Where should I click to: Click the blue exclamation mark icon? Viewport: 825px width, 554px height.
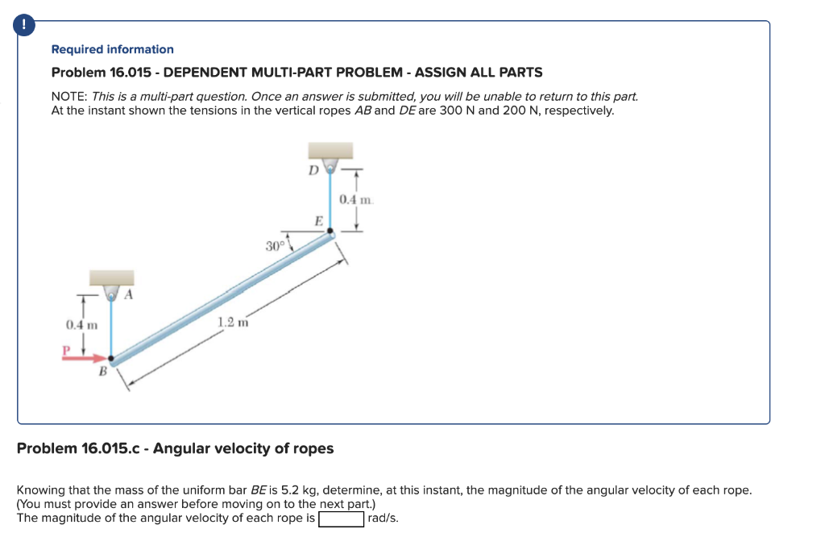click(x=26, y=26)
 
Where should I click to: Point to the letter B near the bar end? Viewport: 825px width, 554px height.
click(x=102, y=372)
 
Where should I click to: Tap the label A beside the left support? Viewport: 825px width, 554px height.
click(x=127, y=295)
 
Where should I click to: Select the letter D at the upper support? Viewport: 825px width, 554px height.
click(x=313, y=169)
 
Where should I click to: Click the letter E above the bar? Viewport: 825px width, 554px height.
click(x=318, y=220)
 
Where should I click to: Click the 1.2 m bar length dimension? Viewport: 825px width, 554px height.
click(x=228, y=323)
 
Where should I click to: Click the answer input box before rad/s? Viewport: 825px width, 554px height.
click(x=341, y=518)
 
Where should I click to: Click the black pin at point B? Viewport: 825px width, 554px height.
click(x=111, y=360)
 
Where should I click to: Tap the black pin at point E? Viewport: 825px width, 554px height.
click(x=330, y=231)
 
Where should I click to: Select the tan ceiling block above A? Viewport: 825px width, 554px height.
click(x=111, y=278)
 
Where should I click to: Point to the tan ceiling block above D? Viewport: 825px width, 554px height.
click(x=330, y=151)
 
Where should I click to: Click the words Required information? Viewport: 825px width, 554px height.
click(x=112, y=49)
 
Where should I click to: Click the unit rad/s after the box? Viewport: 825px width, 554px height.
click(x=383, y=518)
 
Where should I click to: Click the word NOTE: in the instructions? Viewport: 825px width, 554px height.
click(x=70, y=96)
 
